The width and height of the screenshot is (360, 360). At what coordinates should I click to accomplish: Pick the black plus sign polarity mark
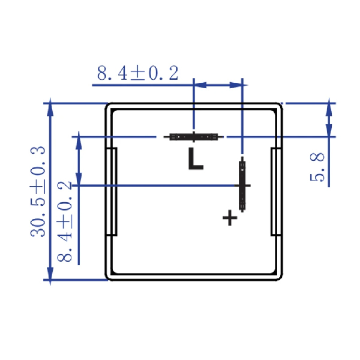(x=230, y=218)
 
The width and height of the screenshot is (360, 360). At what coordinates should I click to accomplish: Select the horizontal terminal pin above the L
(x=193, y=137)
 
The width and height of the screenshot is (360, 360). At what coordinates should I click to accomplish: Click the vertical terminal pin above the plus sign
(x=242, y=185)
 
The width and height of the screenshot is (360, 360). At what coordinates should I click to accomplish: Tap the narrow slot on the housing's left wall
(x=112, y=191)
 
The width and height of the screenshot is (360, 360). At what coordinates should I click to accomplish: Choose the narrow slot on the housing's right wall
(x=275, y=191)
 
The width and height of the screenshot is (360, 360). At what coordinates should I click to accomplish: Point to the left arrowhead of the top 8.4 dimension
(x=200, y=85)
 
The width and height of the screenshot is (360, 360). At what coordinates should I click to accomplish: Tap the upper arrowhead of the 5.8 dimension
(x=328, y=109)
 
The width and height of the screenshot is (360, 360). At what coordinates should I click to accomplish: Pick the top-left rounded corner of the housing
(x=109, y=107)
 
